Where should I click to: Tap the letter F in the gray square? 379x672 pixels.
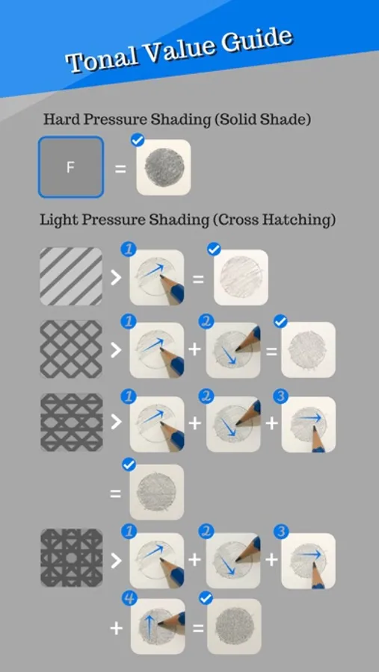(x=70, y=167)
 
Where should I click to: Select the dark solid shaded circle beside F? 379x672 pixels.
(x=164, y=167)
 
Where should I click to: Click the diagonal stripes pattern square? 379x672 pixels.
(x=71, y=276)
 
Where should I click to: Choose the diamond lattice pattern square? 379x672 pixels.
(x=71, y=349)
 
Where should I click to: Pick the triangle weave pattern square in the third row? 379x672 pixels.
(x=71, y=422)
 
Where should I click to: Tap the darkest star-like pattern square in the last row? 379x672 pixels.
(x=71, y=558)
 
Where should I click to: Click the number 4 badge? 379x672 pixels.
(x=129, y=598)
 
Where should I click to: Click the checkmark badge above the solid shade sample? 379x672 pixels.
(x=138, y=140)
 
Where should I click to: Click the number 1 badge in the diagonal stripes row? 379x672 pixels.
(x=129, y=249)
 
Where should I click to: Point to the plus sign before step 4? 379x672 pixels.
(x=117, y=629)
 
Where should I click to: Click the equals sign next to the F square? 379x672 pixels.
(x=120, y=169)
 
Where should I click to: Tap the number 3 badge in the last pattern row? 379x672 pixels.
(x=281, y=532)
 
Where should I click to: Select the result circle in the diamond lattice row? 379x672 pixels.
(x=308, y=349)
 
